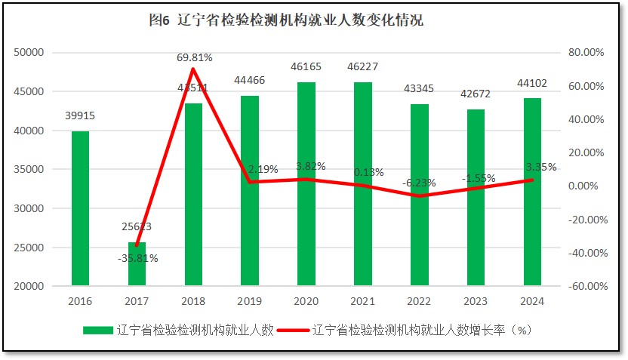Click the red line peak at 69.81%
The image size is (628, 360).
(193, 69)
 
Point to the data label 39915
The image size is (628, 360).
(80, 115)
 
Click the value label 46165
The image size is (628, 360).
(306, 66)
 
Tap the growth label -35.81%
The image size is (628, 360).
(137, 258)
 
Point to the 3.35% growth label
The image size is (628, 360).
(541, 167)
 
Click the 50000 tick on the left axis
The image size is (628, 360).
(29, 52)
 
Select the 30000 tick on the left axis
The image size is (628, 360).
(29, 208)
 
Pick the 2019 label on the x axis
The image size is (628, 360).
(250, 300)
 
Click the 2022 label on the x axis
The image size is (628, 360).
(419, 300)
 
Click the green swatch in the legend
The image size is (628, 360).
(98, 330)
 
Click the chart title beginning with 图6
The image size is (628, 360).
(286, 20)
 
